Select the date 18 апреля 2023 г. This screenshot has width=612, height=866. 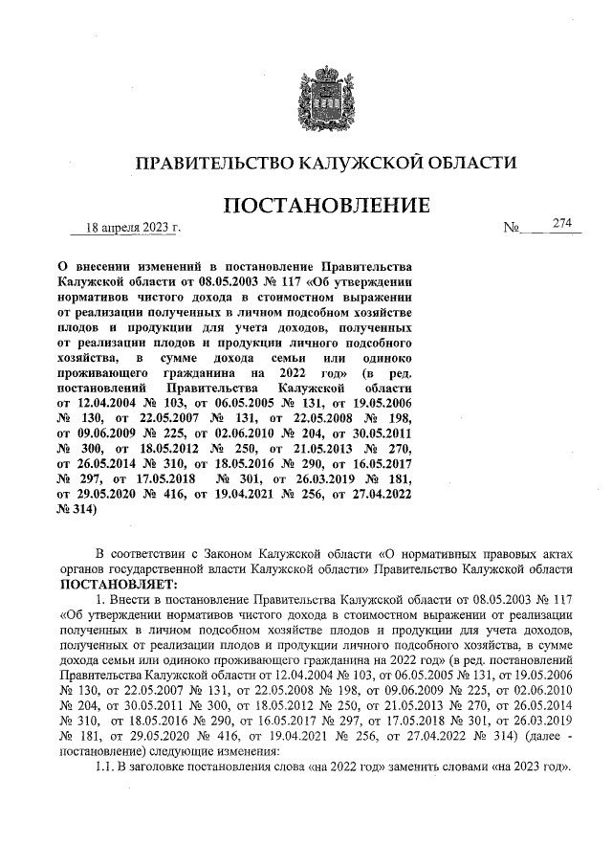(133, 228)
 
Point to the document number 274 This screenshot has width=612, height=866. (560, 224)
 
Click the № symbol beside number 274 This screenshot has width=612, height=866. (512, 229)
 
